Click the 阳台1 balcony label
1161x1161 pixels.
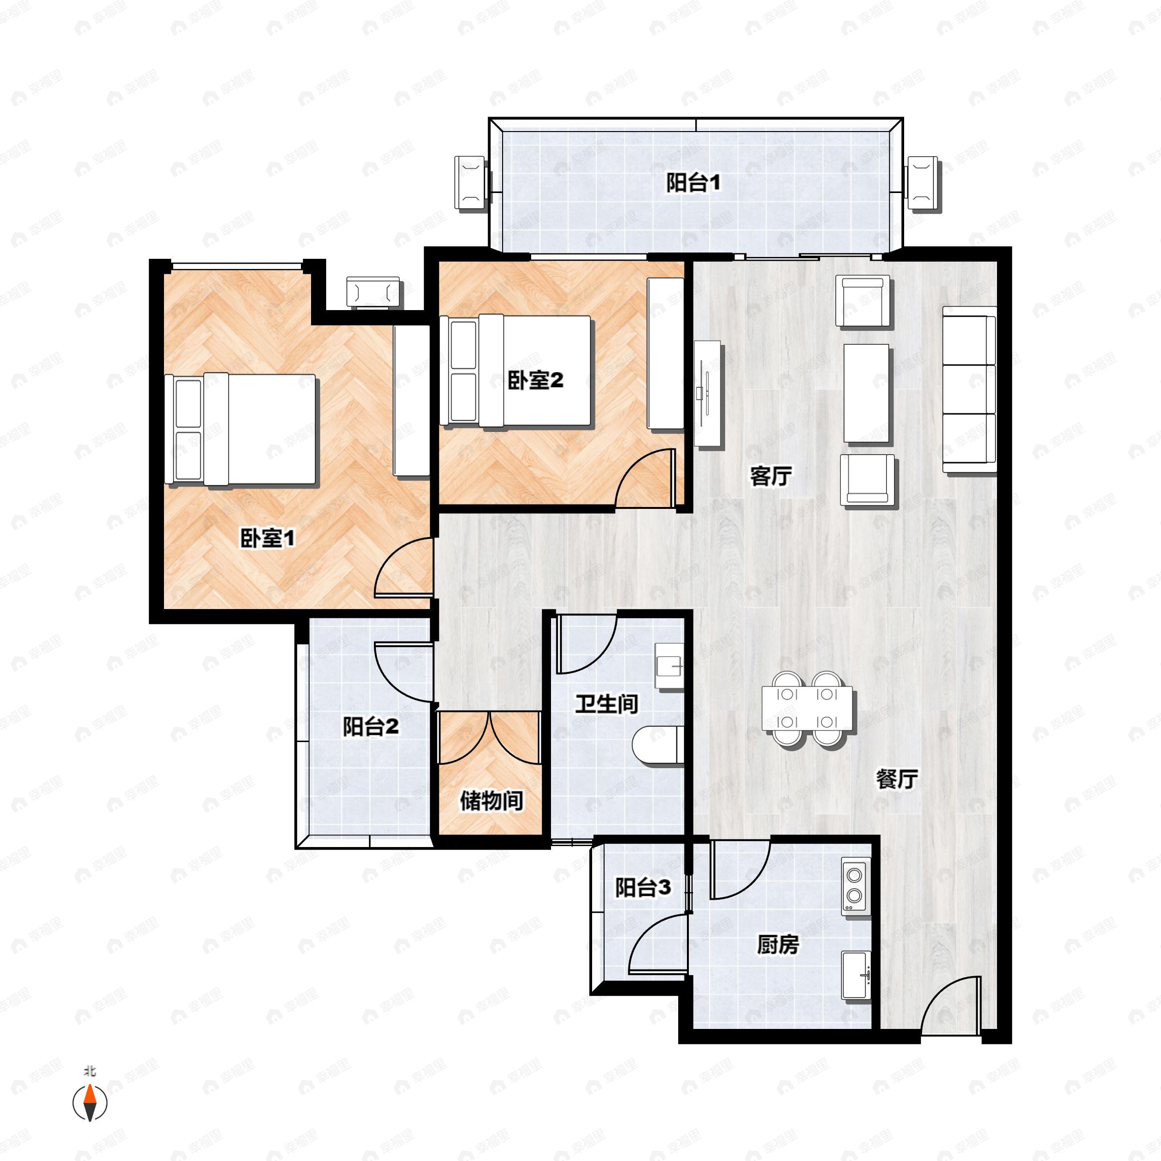(693, 183)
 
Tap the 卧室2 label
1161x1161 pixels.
(535, 380)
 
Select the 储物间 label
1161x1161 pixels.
(491, 801)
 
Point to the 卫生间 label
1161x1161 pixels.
(606, 704)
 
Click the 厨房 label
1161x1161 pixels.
(777, 945)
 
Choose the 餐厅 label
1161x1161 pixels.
(896, 780)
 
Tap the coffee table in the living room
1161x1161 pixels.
(866, 393)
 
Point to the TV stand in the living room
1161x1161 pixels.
(708, 394)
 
